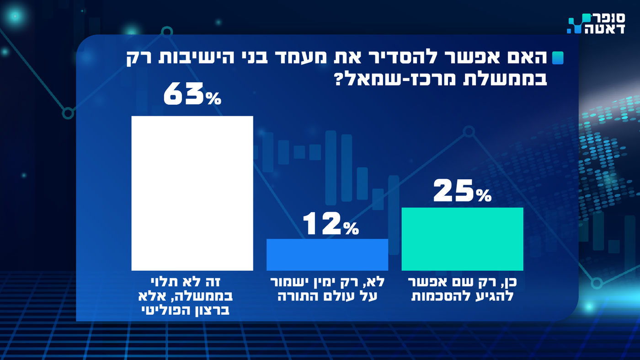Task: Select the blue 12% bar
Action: pos(327,254)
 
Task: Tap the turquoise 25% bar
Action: pos(462,239)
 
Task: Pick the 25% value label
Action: pos(462,193)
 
